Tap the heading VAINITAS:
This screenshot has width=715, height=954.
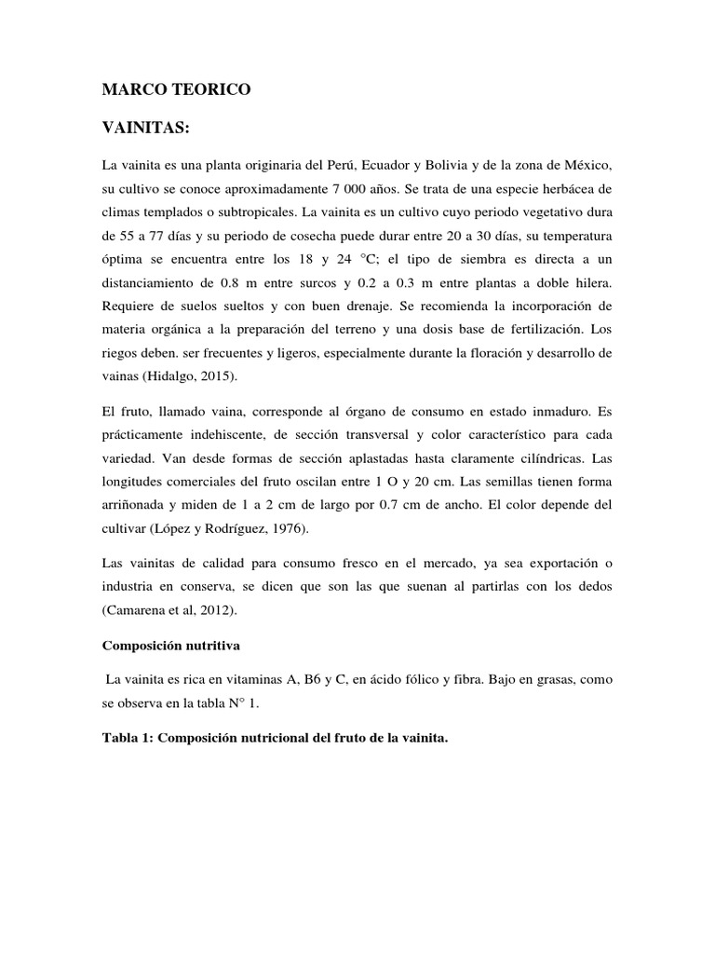tap(151, 128)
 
